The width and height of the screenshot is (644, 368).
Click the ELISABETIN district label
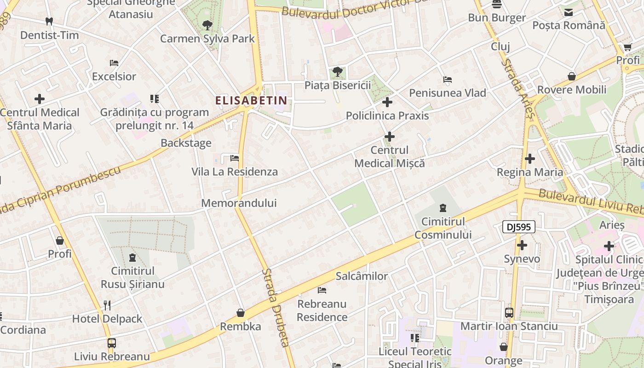pyautogui.click(x=252, y=100)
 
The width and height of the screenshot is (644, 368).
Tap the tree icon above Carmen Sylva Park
pyautogui.click(x=207, y=25)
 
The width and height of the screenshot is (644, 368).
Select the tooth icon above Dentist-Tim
pyautogui.click(x=49, y=21)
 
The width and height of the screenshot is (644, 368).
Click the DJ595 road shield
pyautogui.click(x=519, y=226)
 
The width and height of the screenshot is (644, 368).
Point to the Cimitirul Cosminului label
pyautogui.click(x=443, y=228)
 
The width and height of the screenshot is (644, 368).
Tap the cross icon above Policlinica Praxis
pyautogui.click(x=387, y=102)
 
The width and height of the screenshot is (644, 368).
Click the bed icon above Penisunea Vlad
pyautogui.click(x=448, y=80)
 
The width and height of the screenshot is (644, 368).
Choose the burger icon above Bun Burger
pyautogui.click(x=497, y=5)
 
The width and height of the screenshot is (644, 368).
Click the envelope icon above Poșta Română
pyautogui.click(x=569, y=12)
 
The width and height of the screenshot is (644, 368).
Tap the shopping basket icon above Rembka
pyautogui.click(x=240, y=313)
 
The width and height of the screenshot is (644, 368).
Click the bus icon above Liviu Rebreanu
pyautogui.click(x=112, y=343)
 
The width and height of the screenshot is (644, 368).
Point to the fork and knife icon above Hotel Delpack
pyautogui.click(x=107, y=305)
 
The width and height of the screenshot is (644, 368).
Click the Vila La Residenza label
pyautogui.click(x=235, y=172)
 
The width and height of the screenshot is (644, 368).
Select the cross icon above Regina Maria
pyautogui.click(x=530, y=159)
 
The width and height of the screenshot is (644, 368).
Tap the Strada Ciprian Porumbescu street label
pyautogui.click(x=60, y=190)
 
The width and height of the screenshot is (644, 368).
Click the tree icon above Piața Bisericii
pyautogui.click(x=337, y=72)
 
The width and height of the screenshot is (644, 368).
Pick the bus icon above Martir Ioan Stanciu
pyautogui.click(x=509, y=313)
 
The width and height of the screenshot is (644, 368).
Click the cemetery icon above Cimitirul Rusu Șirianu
pyautogui.click(x=132, y=257)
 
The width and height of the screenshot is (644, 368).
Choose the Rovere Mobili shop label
pyautogui.click(x=572, y=90)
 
